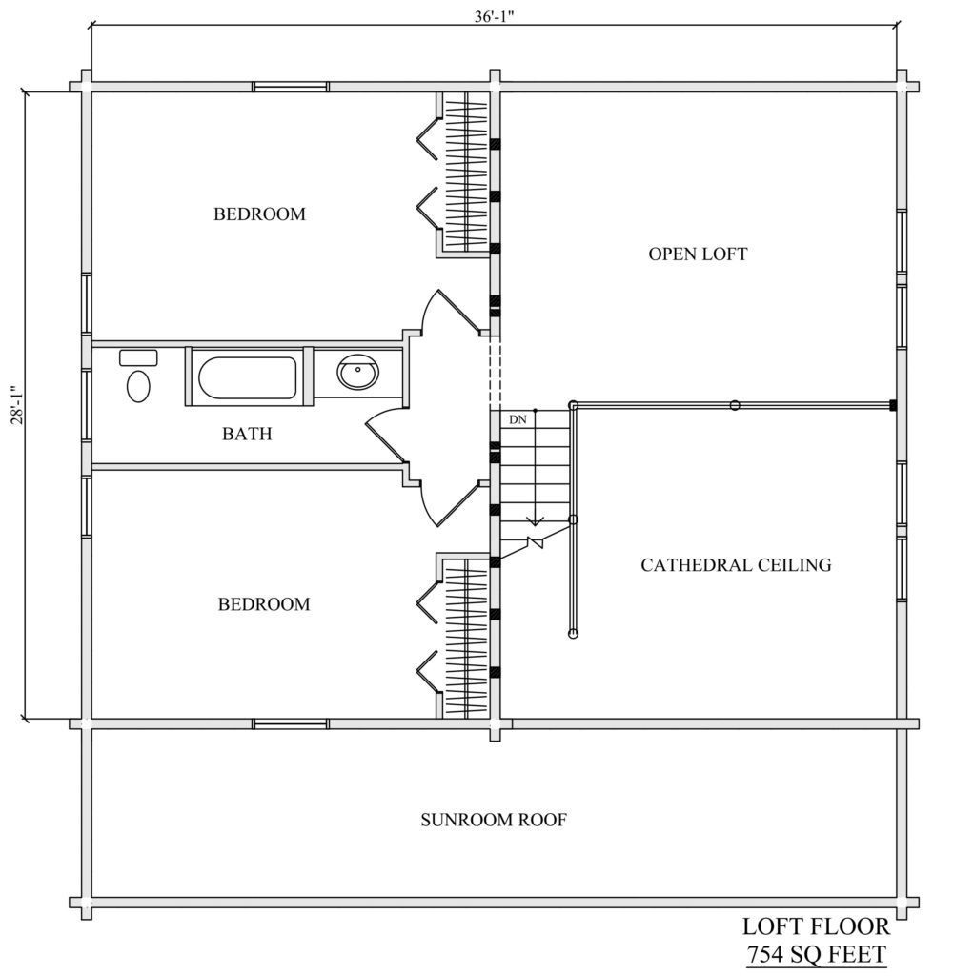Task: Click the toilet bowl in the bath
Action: (138, 386)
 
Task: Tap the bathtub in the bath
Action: (247, 377)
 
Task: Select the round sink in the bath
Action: (357, 373)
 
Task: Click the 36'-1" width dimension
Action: (494, 17)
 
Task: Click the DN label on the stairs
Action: (518, 419)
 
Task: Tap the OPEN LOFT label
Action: (698, 254)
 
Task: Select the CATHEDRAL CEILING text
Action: (736, 565)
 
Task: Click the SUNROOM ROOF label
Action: (494, 820)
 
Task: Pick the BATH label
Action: (247, 434)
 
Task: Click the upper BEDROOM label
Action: (259, 214)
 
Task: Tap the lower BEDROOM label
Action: (264, 604)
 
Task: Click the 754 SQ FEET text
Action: (816, 954)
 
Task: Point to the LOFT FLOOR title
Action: (816, 926)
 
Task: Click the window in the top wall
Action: (291, 87)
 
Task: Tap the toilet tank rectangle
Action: (138, 358)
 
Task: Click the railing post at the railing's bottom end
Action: (573, 634)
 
